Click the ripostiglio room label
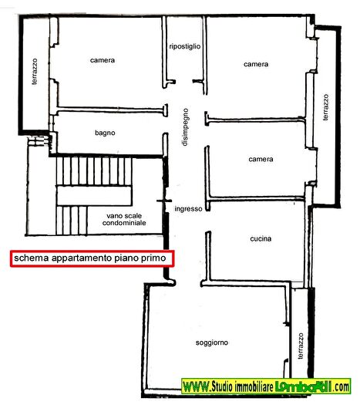pyautogui.click(x=185, y=47)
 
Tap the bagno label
pyautogui.click(x=105, y=133)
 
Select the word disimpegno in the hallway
pyautogui.click(x=185, y=127)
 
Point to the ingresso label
pyautogui.click(x=188, y=209)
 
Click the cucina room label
pyautogui.click(x=261, y=238)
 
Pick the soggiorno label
pyautogui.click(x=212, y=343)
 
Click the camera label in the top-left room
pyautogui.click(x=103, y=60)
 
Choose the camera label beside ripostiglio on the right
pyautogui.click(x=256, y=64)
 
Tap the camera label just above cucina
pyautogui.click(x=261, y=159)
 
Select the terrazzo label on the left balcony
pyautogui.click(x=35, y=72)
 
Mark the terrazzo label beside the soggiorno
pyautogui.click(x=301, y=346)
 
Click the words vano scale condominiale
pyautogui.click(x=124, y=219)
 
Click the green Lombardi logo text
pyautogui.click(x=303, y=386)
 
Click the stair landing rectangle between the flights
pyautogui.click(x=94, y=195)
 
